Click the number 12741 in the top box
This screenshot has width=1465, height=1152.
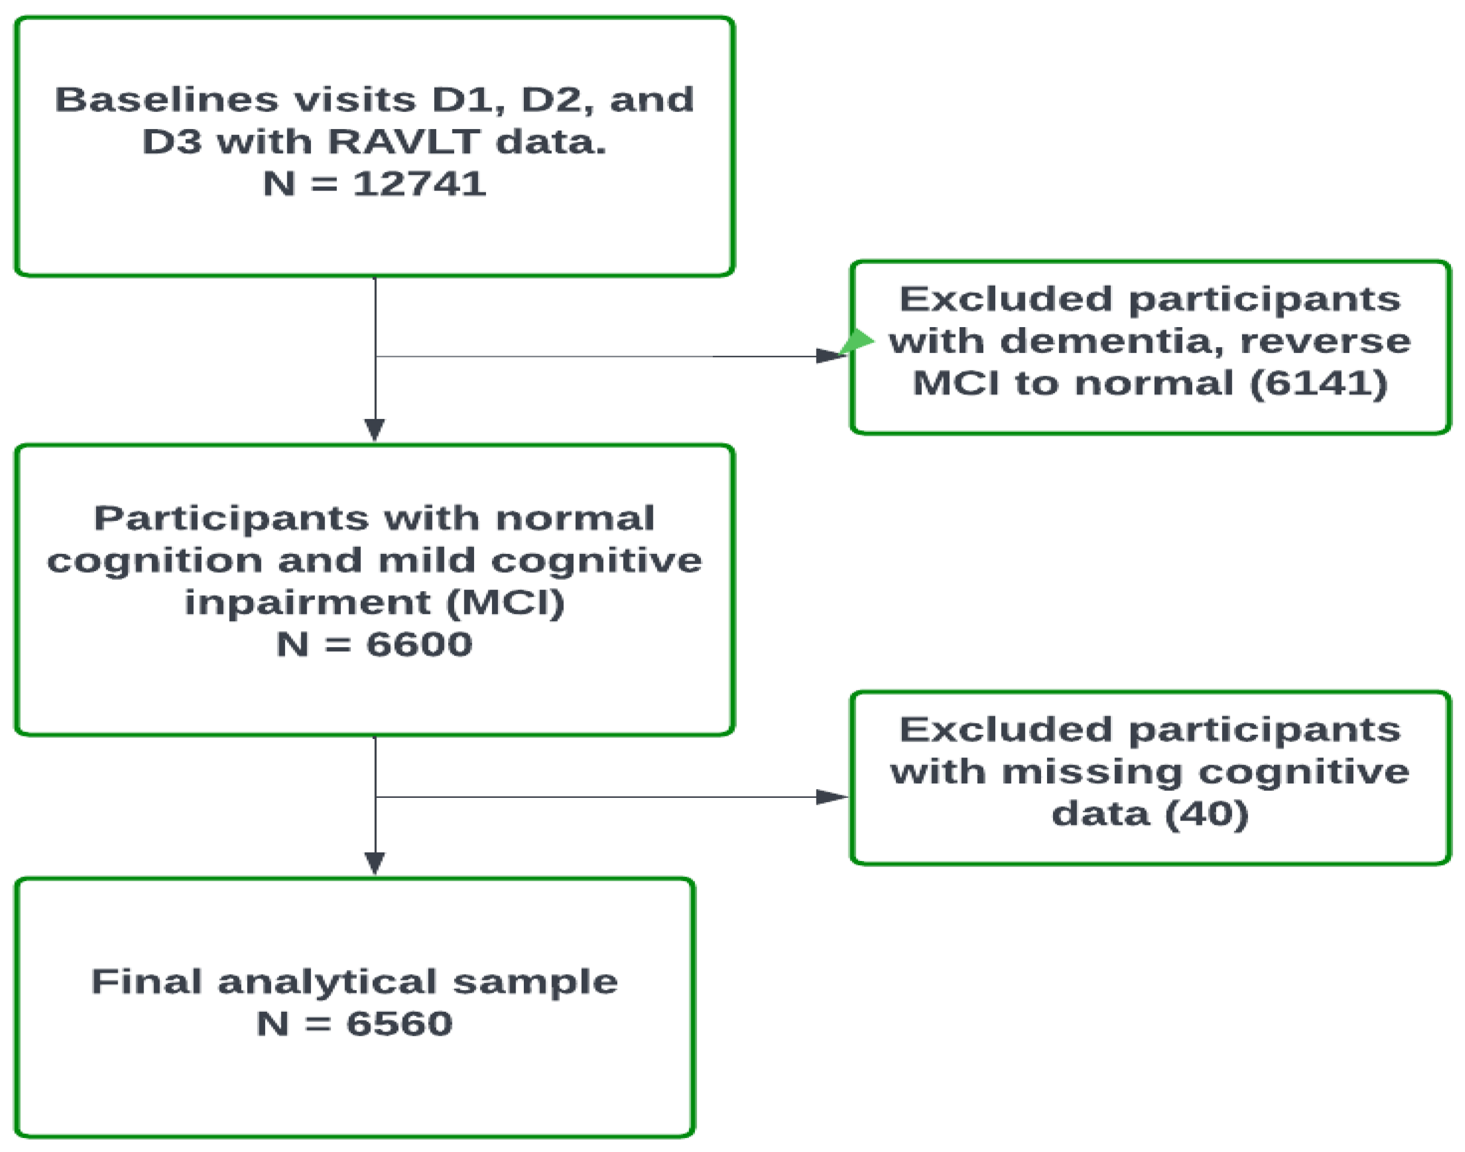(x=419, y=184)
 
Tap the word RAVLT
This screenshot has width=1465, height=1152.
(x=403, y=141)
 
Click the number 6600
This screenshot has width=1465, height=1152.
(x=419, y=644)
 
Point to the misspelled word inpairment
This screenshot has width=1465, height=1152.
(x=307, y=602)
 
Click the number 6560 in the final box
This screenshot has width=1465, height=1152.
(x=399, y=1024)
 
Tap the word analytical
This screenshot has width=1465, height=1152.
(x=327, y=982)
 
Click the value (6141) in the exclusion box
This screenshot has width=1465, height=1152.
(x=1318, y=383)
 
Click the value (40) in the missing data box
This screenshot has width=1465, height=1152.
(x=1207, y=814)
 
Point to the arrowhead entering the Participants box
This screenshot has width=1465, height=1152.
(x=375, y=430)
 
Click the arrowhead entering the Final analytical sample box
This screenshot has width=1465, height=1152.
(x=375, y=863)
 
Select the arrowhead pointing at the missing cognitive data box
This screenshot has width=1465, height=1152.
(x=831, y=797)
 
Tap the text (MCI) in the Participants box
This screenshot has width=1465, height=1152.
(x=506, y=602)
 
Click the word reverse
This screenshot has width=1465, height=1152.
(x=1325, y=341)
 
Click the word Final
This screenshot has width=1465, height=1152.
(x=146, y=982)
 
